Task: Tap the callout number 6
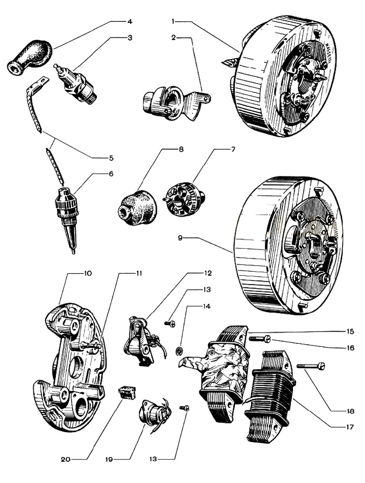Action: click(x=125, y=174)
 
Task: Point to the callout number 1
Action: click(x=173, y=22)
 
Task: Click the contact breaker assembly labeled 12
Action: click(x=140, y=338)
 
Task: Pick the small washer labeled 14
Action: click(x=178, y=350)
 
